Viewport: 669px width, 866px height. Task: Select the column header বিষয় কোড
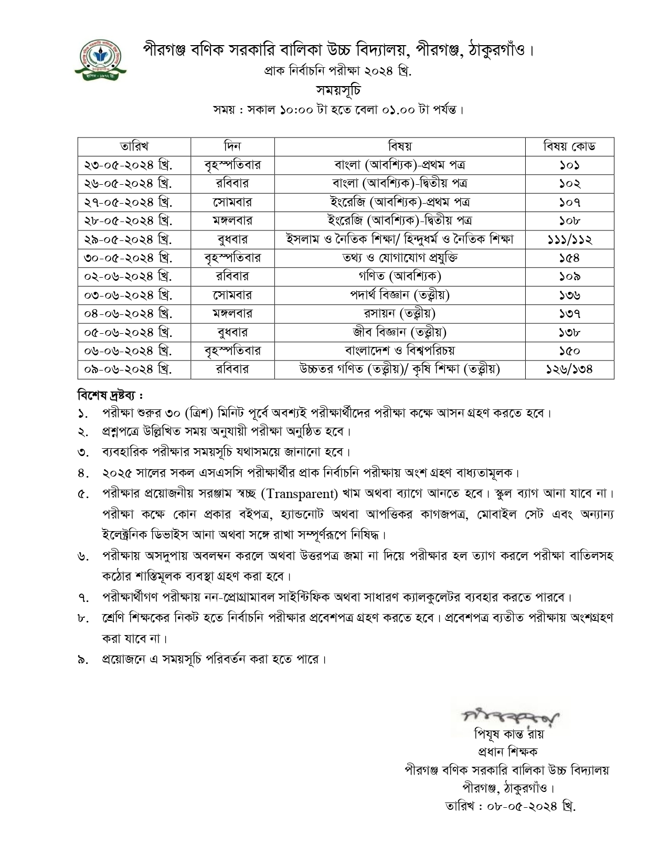coord(569,146)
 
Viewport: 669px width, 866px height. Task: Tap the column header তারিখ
coord(134,146)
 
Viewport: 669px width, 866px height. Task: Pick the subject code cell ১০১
coord(569,165)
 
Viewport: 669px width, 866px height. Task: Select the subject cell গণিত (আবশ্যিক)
coord(400,276)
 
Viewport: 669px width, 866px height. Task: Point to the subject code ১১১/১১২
coord(569,239)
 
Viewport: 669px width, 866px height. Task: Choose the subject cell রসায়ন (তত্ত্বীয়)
coord(400,313)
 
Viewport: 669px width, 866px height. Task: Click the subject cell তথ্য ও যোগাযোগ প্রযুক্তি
coord(400,258)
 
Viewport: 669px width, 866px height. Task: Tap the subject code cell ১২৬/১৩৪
coord(569,369)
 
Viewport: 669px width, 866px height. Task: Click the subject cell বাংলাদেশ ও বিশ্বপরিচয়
coord(400,350)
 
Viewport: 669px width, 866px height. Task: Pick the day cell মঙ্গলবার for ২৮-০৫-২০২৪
coord(232,220)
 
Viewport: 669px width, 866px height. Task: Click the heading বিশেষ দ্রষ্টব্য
coord(110,394)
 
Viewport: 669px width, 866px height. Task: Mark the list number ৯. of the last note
coord(82,659)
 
